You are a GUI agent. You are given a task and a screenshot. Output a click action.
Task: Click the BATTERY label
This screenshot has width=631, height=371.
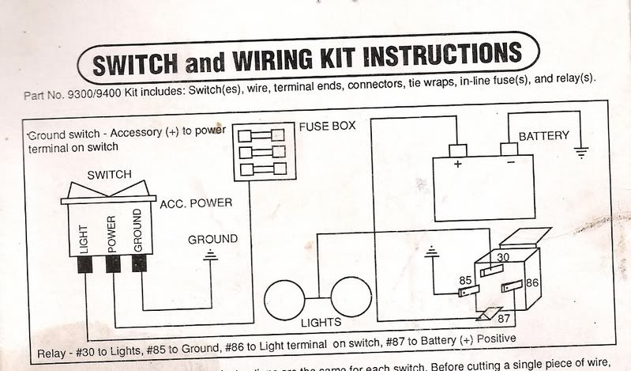543,136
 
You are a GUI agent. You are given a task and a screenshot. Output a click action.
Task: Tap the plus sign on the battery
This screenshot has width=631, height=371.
456,165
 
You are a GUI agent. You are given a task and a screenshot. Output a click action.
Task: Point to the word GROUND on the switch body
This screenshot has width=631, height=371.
137,230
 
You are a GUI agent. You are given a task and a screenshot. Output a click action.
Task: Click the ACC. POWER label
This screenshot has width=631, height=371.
196,203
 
